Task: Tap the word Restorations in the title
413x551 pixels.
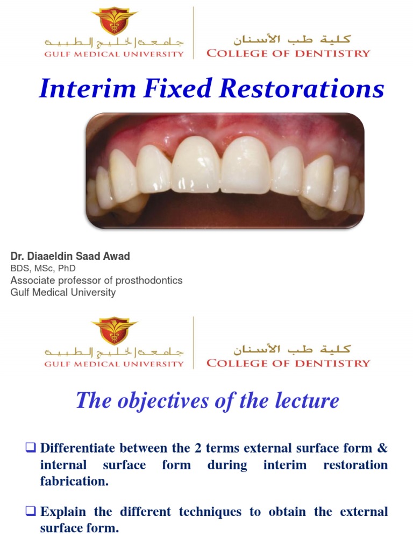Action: (x=303, y=89)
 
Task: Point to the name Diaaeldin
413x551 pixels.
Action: (x=53, y=256)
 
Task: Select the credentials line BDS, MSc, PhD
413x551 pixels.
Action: (x=43, y=268)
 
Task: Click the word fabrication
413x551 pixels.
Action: (x=74, y=482)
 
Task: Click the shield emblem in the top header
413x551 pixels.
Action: (x=114, y=20)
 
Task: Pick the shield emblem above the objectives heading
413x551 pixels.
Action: (x=114, y=330)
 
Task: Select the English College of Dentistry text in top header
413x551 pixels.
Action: (x=288, y=53)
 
